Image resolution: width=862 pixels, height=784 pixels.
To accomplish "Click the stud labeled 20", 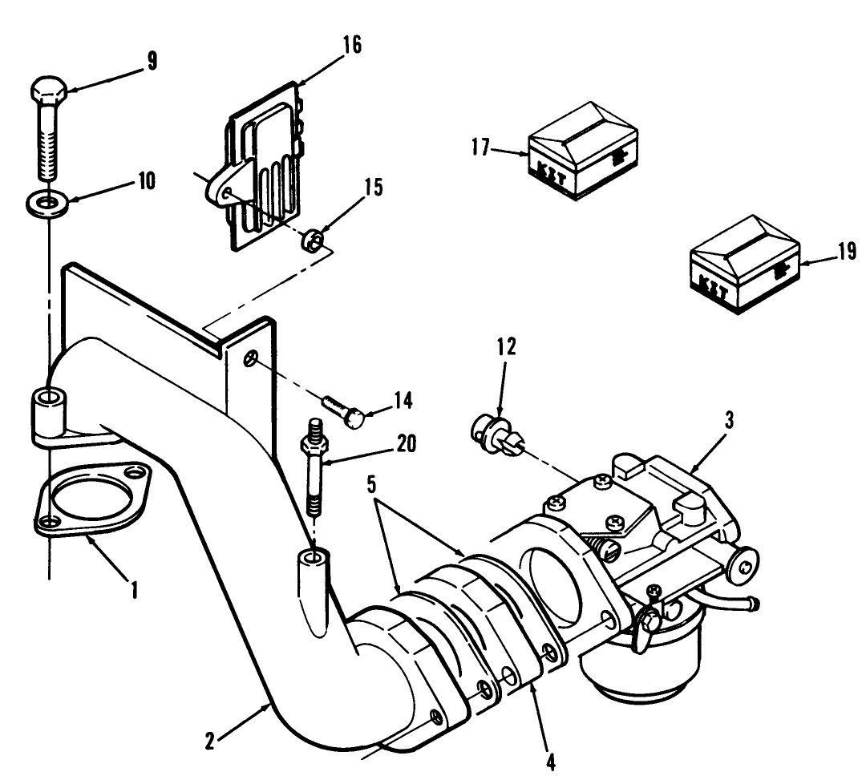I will [x=315, y=473].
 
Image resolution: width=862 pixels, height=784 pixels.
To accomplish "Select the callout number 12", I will [x=506, y=347].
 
